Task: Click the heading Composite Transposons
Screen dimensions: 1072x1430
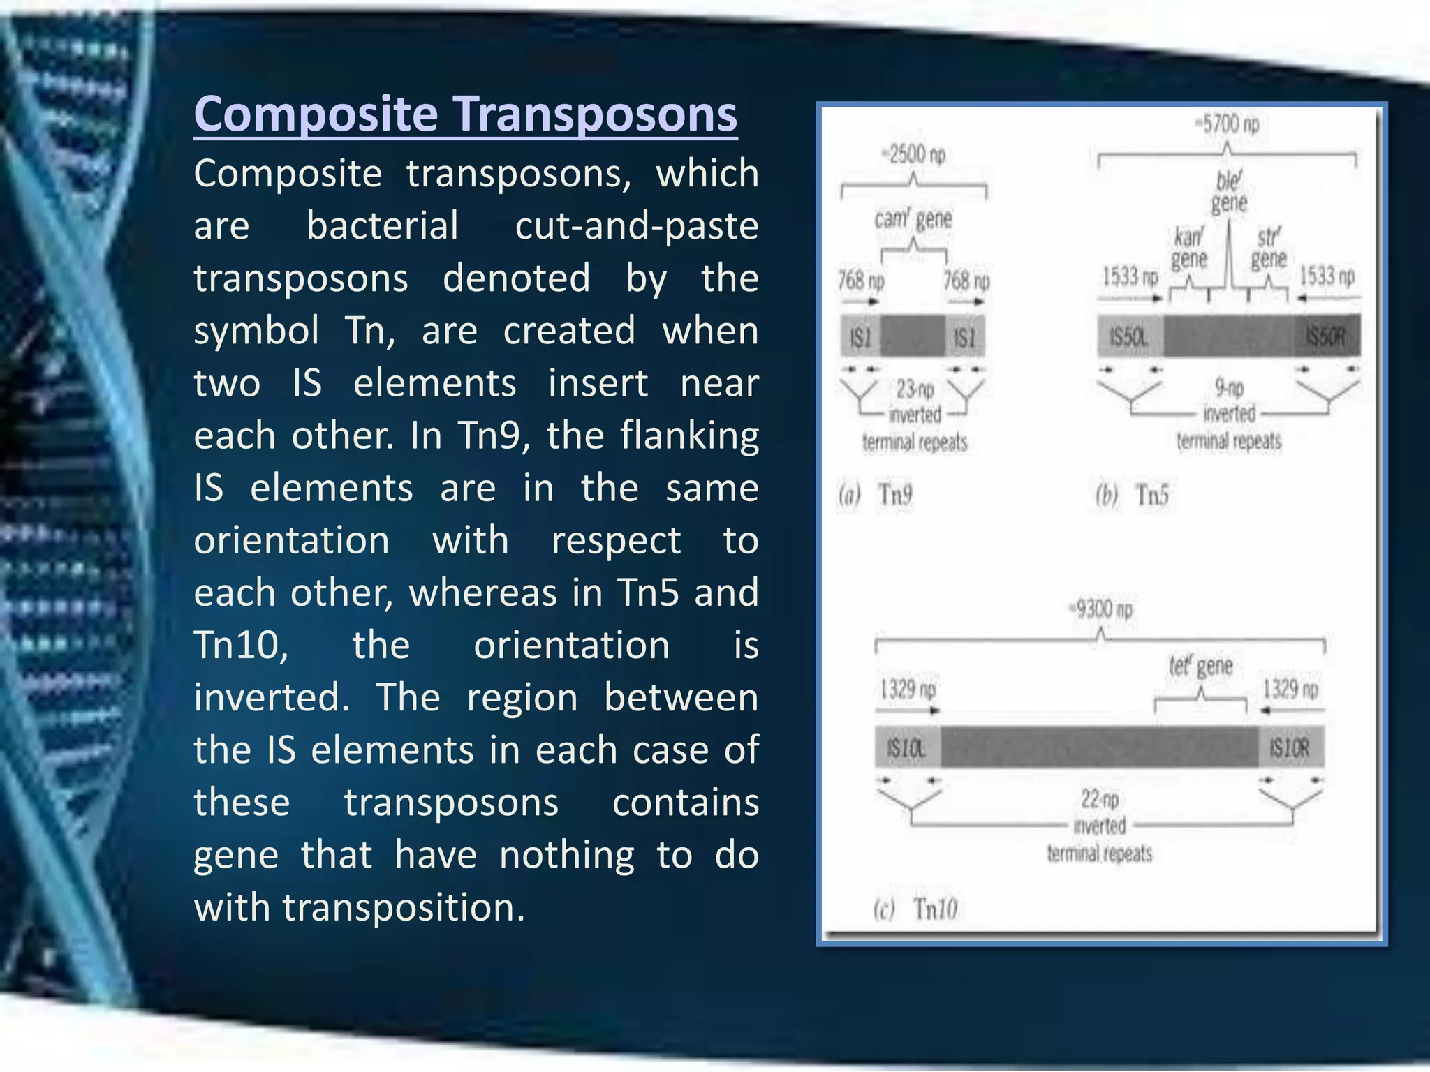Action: [x=465, y=114]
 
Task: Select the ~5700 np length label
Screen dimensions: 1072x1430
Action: [x=1226, y=124]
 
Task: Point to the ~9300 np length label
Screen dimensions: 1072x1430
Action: [x=1100, y=609]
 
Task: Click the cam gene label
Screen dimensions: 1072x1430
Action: [x=913, y=219]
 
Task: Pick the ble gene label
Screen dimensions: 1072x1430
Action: [x=1229, y=191]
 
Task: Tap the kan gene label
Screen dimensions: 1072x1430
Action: [x=1188, y=248]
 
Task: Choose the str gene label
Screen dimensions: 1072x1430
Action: [x=1268, y=248]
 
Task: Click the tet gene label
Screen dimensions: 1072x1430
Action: [x=1200, y=666]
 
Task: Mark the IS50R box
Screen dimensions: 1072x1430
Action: [x=1327, y=336]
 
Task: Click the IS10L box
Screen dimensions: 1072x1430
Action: [x=907, y=747]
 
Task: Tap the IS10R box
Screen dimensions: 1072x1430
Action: [x=1290, y=747]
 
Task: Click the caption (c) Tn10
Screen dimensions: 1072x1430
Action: [x=915, y=909]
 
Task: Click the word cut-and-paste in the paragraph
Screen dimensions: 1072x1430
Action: [x=636, y=226]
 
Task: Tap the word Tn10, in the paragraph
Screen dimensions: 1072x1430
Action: [x=241, y=645]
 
